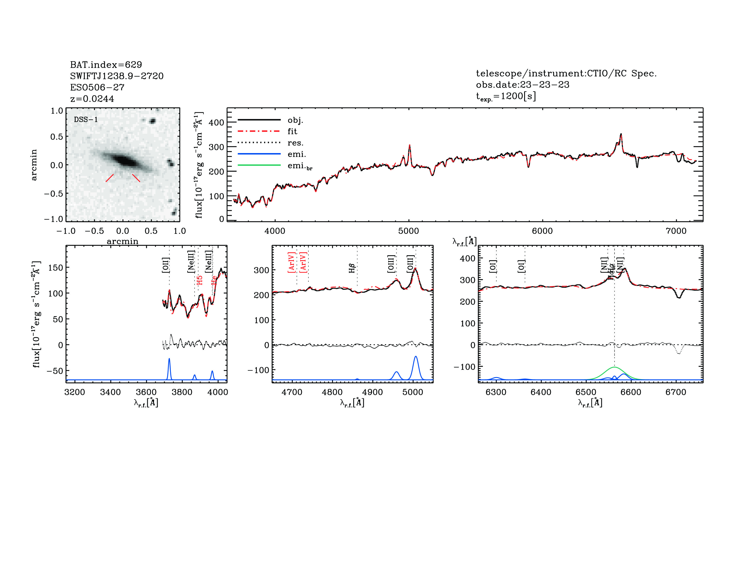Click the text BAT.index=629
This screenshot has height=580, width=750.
106,65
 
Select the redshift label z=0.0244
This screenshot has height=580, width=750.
92,99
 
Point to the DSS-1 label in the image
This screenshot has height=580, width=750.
86,120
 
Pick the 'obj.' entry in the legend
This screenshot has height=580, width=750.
295,120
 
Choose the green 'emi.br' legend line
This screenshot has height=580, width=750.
259,165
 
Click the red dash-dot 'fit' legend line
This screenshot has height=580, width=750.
259,131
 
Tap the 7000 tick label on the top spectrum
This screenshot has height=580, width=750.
676,231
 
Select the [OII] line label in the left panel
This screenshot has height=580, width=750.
165,265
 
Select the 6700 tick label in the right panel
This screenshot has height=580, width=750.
675,392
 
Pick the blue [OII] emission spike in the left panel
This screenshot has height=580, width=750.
169,359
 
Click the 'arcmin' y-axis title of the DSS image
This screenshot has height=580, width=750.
34,165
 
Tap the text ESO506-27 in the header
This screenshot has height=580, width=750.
97,87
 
